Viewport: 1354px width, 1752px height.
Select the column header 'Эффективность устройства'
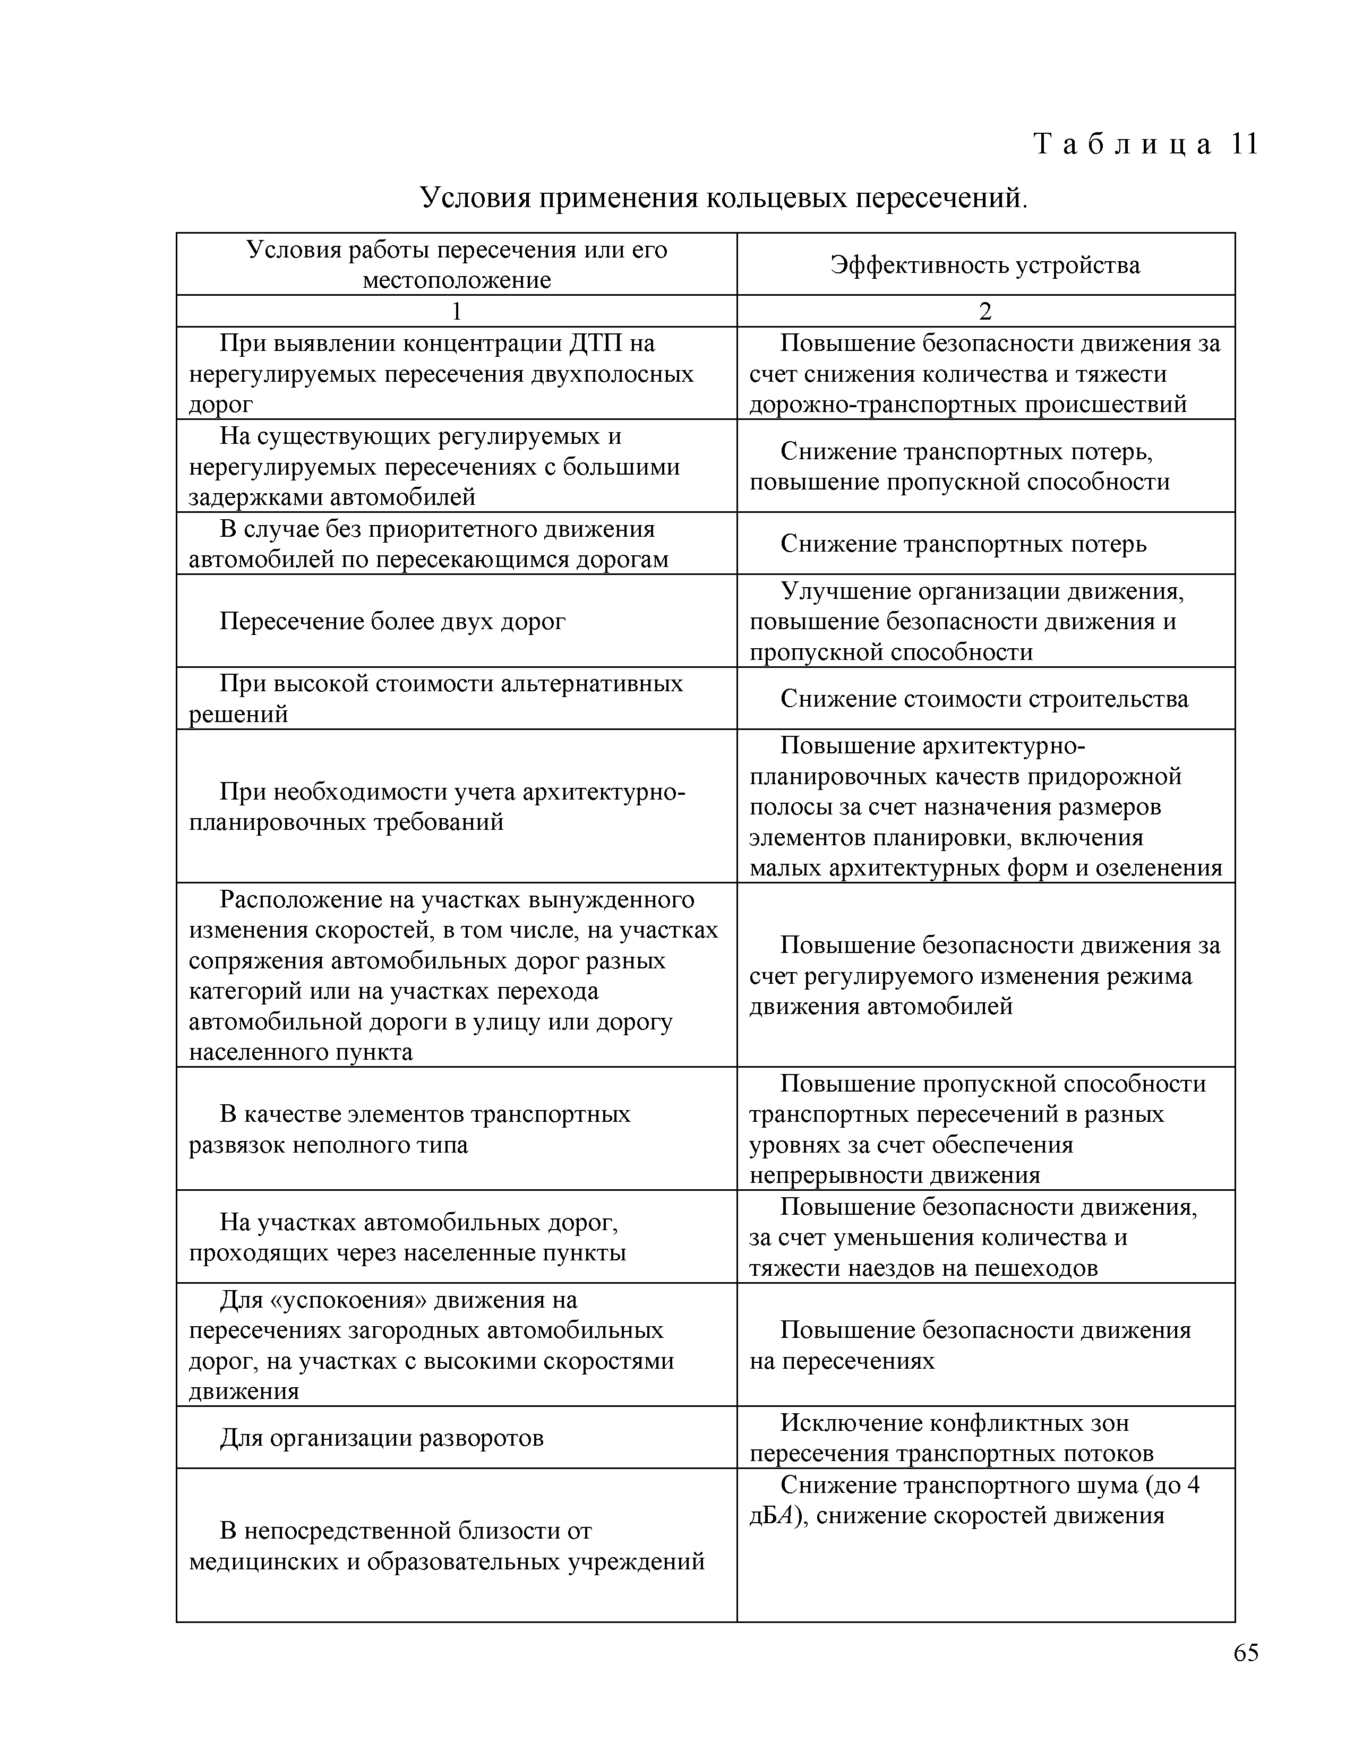pos(985,265)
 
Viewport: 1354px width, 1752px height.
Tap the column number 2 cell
pos(985,311)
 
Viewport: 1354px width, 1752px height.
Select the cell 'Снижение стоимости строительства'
pos(984,699)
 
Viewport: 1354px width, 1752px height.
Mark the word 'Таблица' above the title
pos(1123,144)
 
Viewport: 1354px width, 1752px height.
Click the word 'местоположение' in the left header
pos(457,280)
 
